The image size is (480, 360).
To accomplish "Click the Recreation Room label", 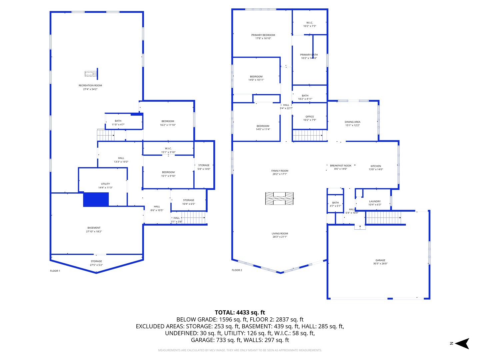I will (x=90, y=86).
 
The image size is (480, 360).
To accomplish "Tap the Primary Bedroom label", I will (x=263, y=35).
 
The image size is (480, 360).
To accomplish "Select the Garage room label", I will (x=380, y=260).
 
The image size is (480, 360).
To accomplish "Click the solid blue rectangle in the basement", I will (x=96, y=199).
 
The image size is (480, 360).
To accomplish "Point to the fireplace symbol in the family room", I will (x=279, y=198).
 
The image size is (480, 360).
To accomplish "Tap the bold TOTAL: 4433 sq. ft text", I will (x=240, y=312).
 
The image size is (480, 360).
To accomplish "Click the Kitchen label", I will (x=376, y=166).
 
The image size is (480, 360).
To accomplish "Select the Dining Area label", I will (x=352, y=122).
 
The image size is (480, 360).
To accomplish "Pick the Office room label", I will (x=310, y=117).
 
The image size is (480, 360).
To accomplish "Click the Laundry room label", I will (x=375, y=201).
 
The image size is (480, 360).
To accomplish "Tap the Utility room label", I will (x=105, y=184).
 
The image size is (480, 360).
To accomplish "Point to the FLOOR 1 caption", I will (x=55, y=271).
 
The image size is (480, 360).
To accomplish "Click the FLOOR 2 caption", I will (x=237, y=270).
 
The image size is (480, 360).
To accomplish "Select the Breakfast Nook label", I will (x=341, y=166).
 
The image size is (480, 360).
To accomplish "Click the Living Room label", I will (x=280, y=234).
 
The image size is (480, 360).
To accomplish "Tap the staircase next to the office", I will (x=307, y=135).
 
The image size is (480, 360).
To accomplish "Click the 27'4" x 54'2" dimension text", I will (x=90, y=89).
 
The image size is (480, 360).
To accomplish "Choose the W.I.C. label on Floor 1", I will (x=168, y=149).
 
